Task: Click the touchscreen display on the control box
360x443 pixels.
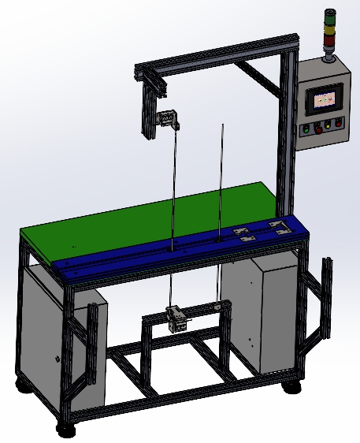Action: (x=325, y=100)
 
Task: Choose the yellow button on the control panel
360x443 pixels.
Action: (x=328, y=124)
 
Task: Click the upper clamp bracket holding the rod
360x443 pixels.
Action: (x=169, y=120)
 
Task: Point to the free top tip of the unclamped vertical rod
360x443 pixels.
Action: (x=222, y=124)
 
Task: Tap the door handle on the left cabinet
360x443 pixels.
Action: (x=58, y=359)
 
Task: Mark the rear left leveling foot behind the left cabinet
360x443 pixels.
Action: (x=23, y=383)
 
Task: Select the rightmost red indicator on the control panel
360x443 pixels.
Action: (x=339, y=122)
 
